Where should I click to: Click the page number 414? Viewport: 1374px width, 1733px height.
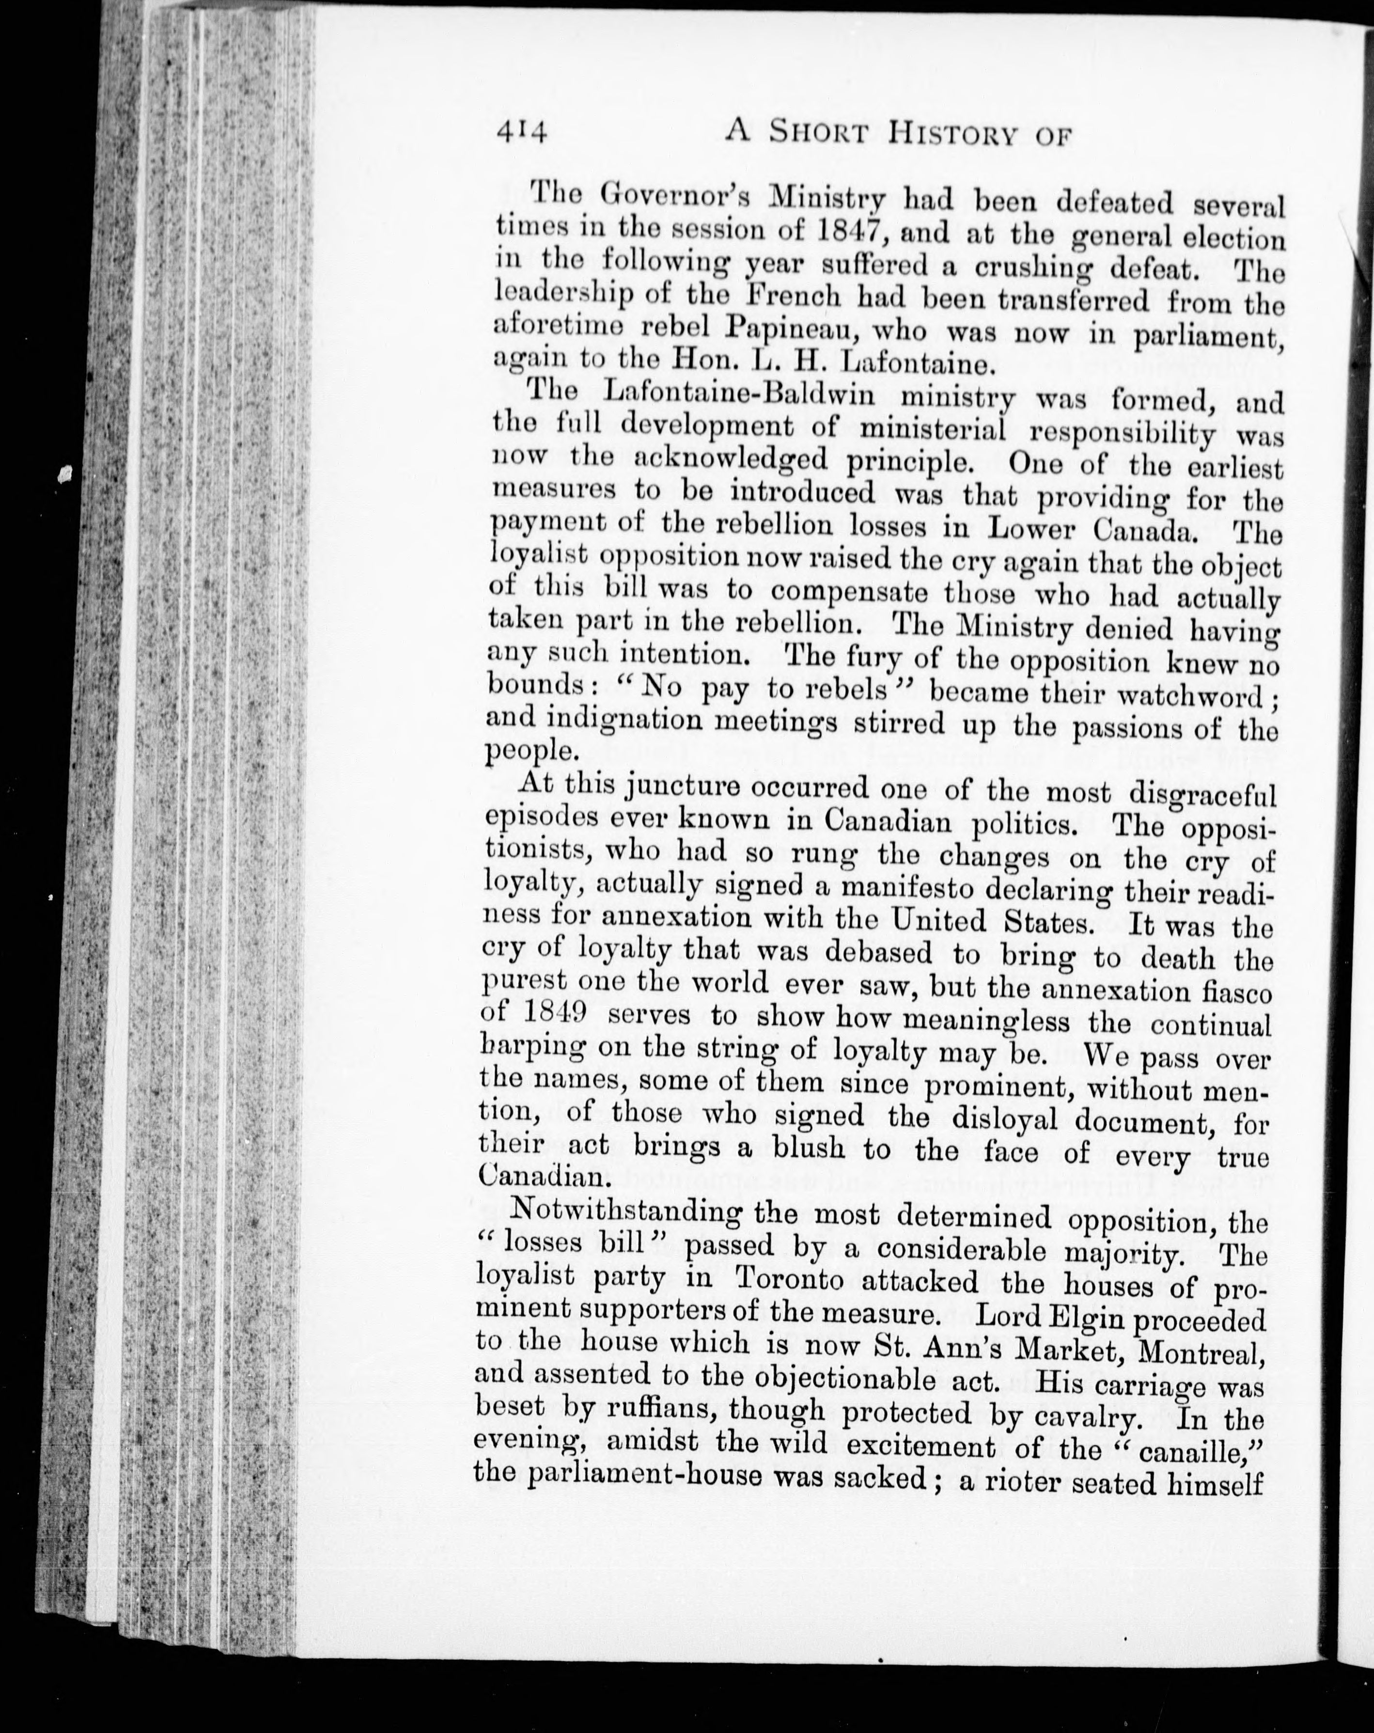click(521, 130)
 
